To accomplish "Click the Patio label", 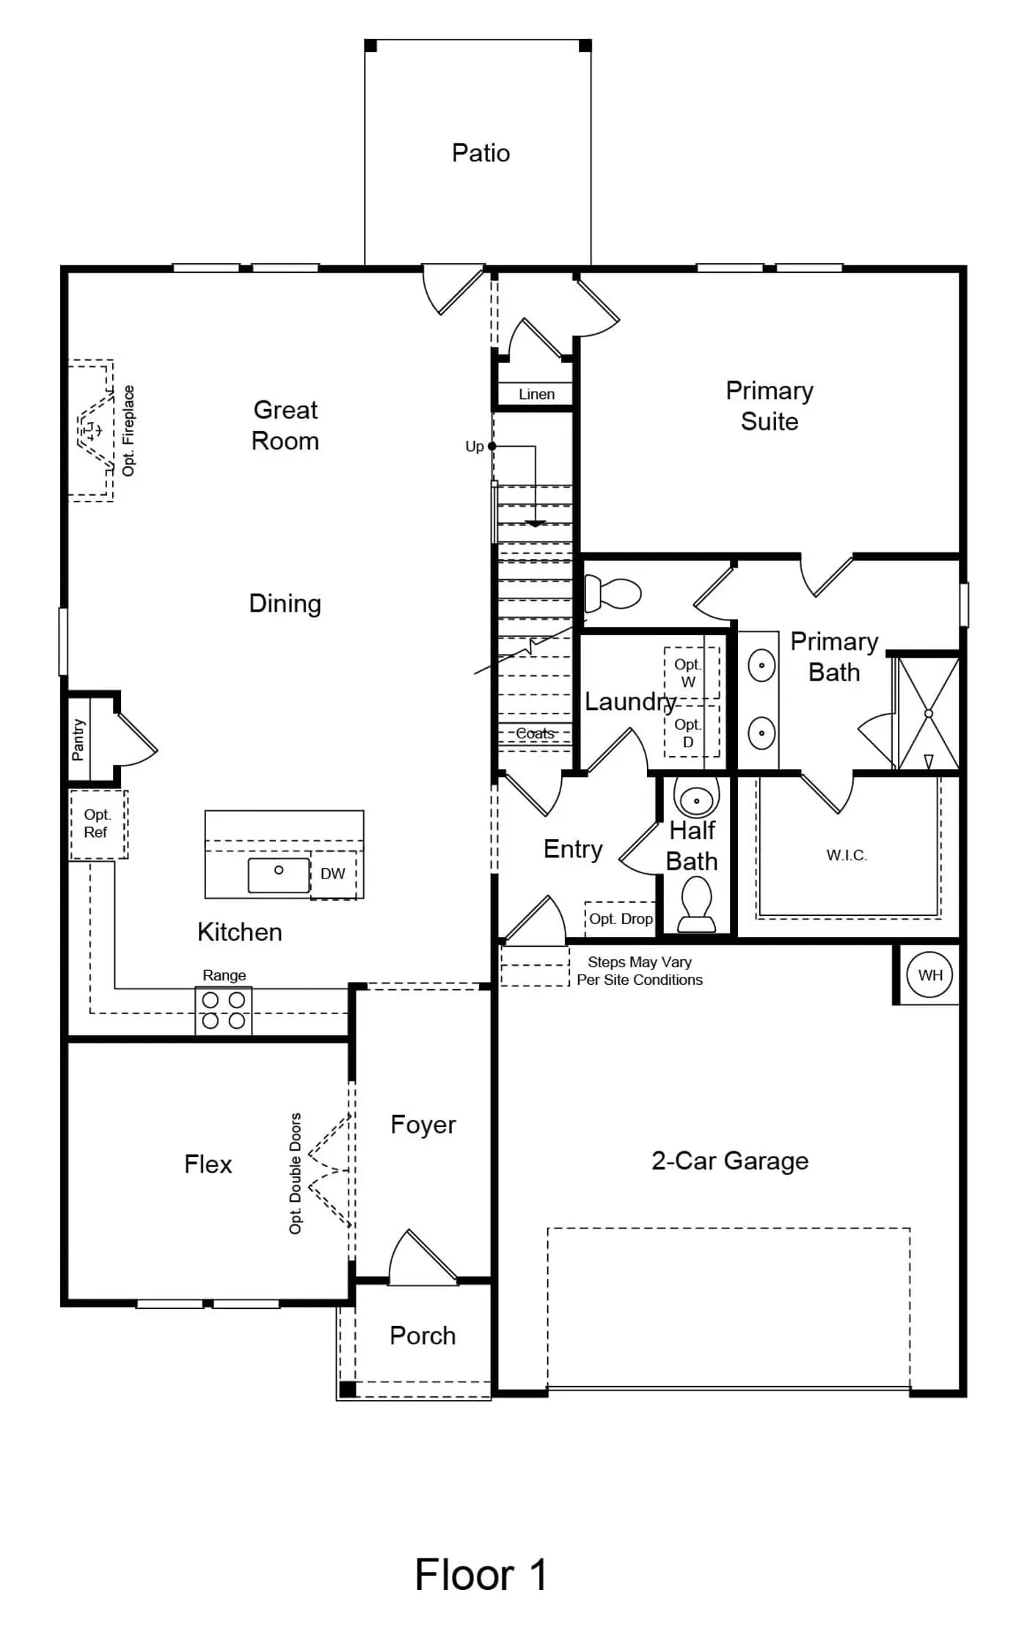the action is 480,153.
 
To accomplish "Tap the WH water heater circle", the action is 930,975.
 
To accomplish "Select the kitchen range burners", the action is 224,1011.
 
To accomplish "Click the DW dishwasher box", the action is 333,874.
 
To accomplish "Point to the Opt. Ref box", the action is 98,824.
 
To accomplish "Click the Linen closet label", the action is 536,394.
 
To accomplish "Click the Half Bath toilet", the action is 696,904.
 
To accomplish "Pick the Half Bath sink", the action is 696,798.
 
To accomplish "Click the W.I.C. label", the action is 847,855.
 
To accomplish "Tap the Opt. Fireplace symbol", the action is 92,430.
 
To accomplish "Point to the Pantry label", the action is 78,740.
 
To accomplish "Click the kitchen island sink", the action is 279,875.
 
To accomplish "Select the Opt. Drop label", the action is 621,919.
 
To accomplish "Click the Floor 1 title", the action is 481,1574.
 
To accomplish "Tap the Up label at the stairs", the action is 475,447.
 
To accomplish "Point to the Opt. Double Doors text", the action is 295,1173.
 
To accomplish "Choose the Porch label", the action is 423,1335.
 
